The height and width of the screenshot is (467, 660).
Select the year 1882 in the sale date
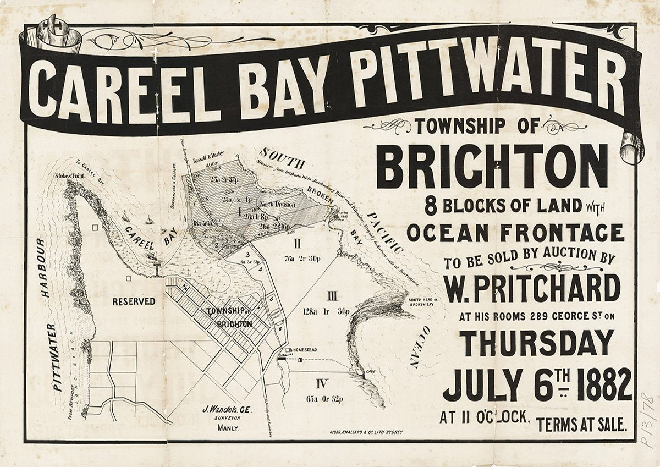tap(601, 384)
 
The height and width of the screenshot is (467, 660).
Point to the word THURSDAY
tap(537, 342)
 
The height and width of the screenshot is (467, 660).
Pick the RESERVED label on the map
tap(134, 301)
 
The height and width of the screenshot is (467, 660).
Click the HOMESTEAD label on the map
tap(307, 350)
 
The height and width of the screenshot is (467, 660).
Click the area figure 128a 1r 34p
tap(326, 311)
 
